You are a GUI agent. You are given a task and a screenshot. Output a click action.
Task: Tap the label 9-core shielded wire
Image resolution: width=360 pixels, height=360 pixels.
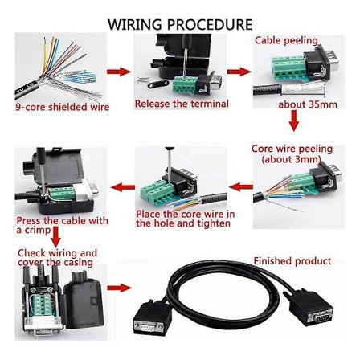(62, 107)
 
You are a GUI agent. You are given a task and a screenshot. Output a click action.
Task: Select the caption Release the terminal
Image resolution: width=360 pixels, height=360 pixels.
(182, 104)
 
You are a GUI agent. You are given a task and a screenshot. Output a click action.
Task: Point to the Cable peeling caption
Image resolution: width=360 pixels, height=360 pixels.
(286, 40)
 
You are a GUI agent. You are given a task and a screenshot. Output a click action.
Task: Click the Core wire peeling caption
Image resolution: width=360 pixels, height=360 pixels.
(292, 149)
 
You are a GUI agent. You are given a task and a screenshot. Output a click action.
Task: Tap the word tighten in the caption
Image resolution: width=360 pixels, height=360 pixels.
(213, 224)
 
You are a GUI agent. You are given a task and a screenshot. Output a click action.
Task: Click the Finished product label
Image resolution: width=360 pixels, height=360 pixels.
(292, 261)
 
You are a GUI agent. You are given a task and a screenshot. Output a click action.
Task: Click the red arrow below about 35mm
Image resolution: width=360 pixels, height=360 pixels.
(293, 121)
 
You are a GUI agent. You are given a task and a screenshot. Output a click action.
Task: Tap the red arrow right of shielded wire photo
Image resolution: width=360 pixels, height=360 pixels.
(118, 72)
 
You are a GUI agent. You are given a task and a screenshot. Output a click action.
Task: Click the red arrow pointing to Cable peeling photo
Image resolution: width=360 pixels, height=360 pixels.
(239, 72)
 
